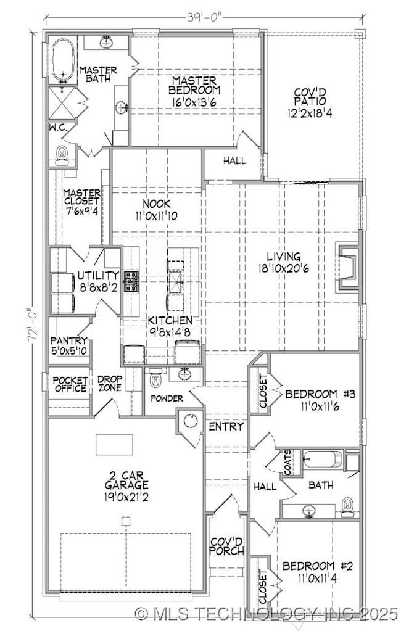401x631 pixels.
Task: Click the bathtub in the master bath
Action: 62,60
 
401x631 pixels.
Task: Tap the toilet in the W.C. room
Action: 62,152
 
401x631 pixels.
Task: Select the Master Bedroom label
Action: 194,86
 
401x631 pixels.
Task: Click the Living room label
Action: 284,256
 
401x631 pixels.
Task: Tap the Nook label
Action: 156,204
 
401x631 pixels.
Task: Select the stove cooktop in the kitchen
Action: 131,281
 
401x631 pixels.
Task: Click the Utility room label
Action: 98,275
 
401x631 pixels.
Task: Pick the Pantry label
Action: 68,340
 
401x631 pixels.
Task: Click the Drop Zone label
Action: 110,384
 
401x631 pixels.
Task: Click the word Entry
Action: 226,426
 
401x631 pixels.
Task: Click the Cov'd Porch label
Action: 226,546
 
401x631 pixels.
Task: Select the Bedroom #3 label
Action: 320,394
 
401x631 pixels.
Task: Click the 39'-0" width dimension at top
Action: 199,18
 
